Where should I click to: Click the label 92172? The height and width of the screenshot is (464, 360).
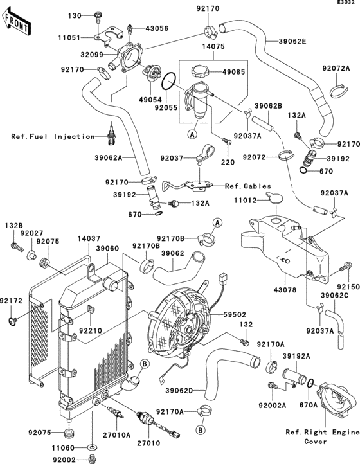pyautogui.click(x=11, y=300)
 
